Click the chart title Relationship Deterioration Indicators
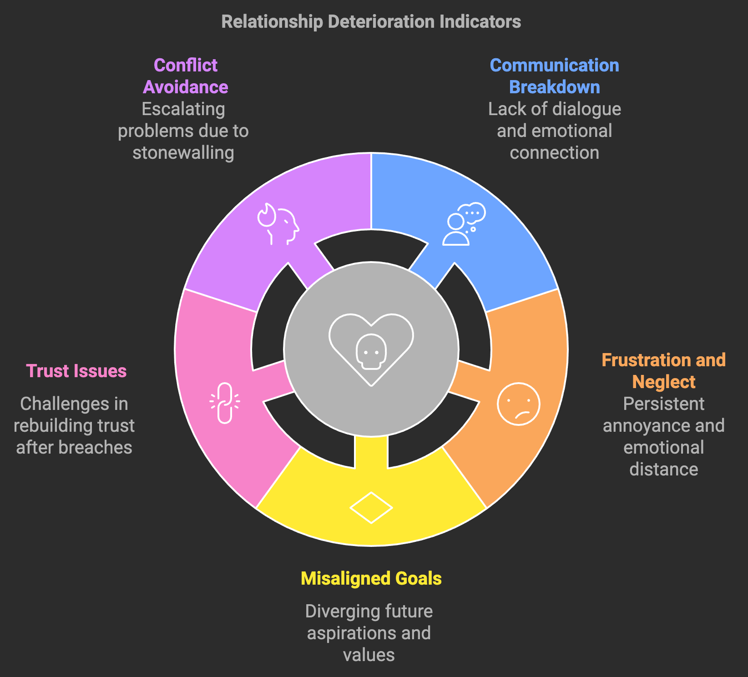pos(371,22)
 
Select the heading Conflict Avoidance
pos(186,76)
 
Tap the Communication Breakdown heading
pos(554,76)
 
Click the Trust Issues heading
pos(76,371)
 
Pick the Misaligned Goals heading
pos(371,578)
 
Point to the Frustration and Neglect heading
pos(663,371)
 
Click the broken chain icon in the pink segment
pos(225,403)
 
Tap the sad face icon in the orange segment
pos(518,404)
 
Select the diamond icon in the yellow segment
pos(371,507)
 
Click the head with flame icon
pos(278,224)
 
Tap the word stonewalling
pos(183,153)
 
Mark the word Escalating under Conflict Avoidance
pos(183,109)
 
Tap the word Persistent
pos(663,404)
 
